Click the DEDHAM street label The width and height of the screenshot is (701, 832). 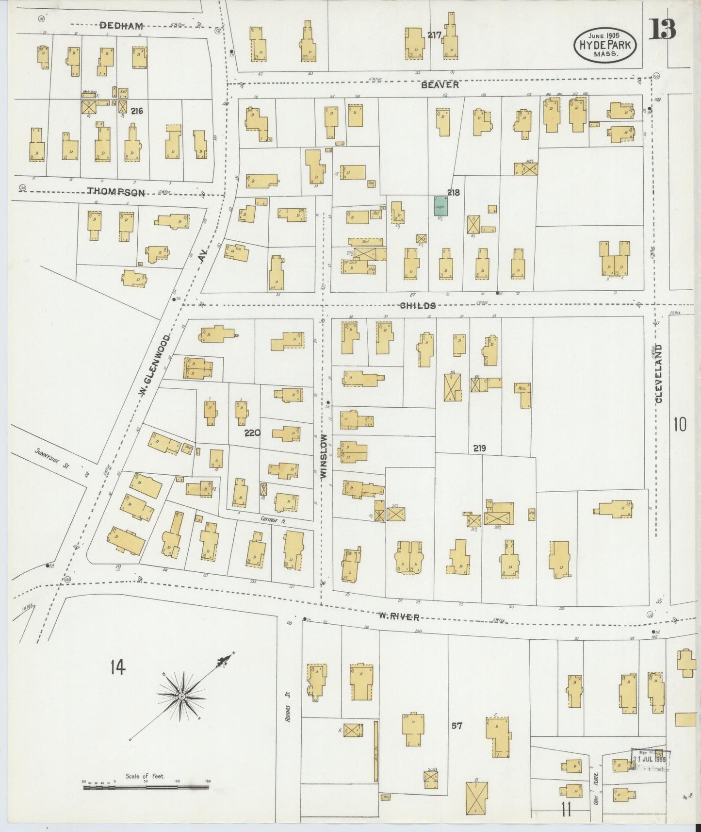click(114, 26)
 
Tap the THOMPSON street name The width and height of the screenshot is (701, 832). click(115, 192)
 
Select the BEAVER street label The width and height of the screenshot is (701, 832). click(440, 84)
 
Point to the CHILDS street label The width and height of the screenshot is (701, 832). click(417, 305)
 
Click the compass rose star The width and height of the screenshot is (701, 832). click(181, 697)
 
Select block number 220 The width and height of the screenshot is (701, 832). click(252, 433)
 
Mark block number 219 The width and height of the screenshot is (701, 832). click(479, 448)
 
